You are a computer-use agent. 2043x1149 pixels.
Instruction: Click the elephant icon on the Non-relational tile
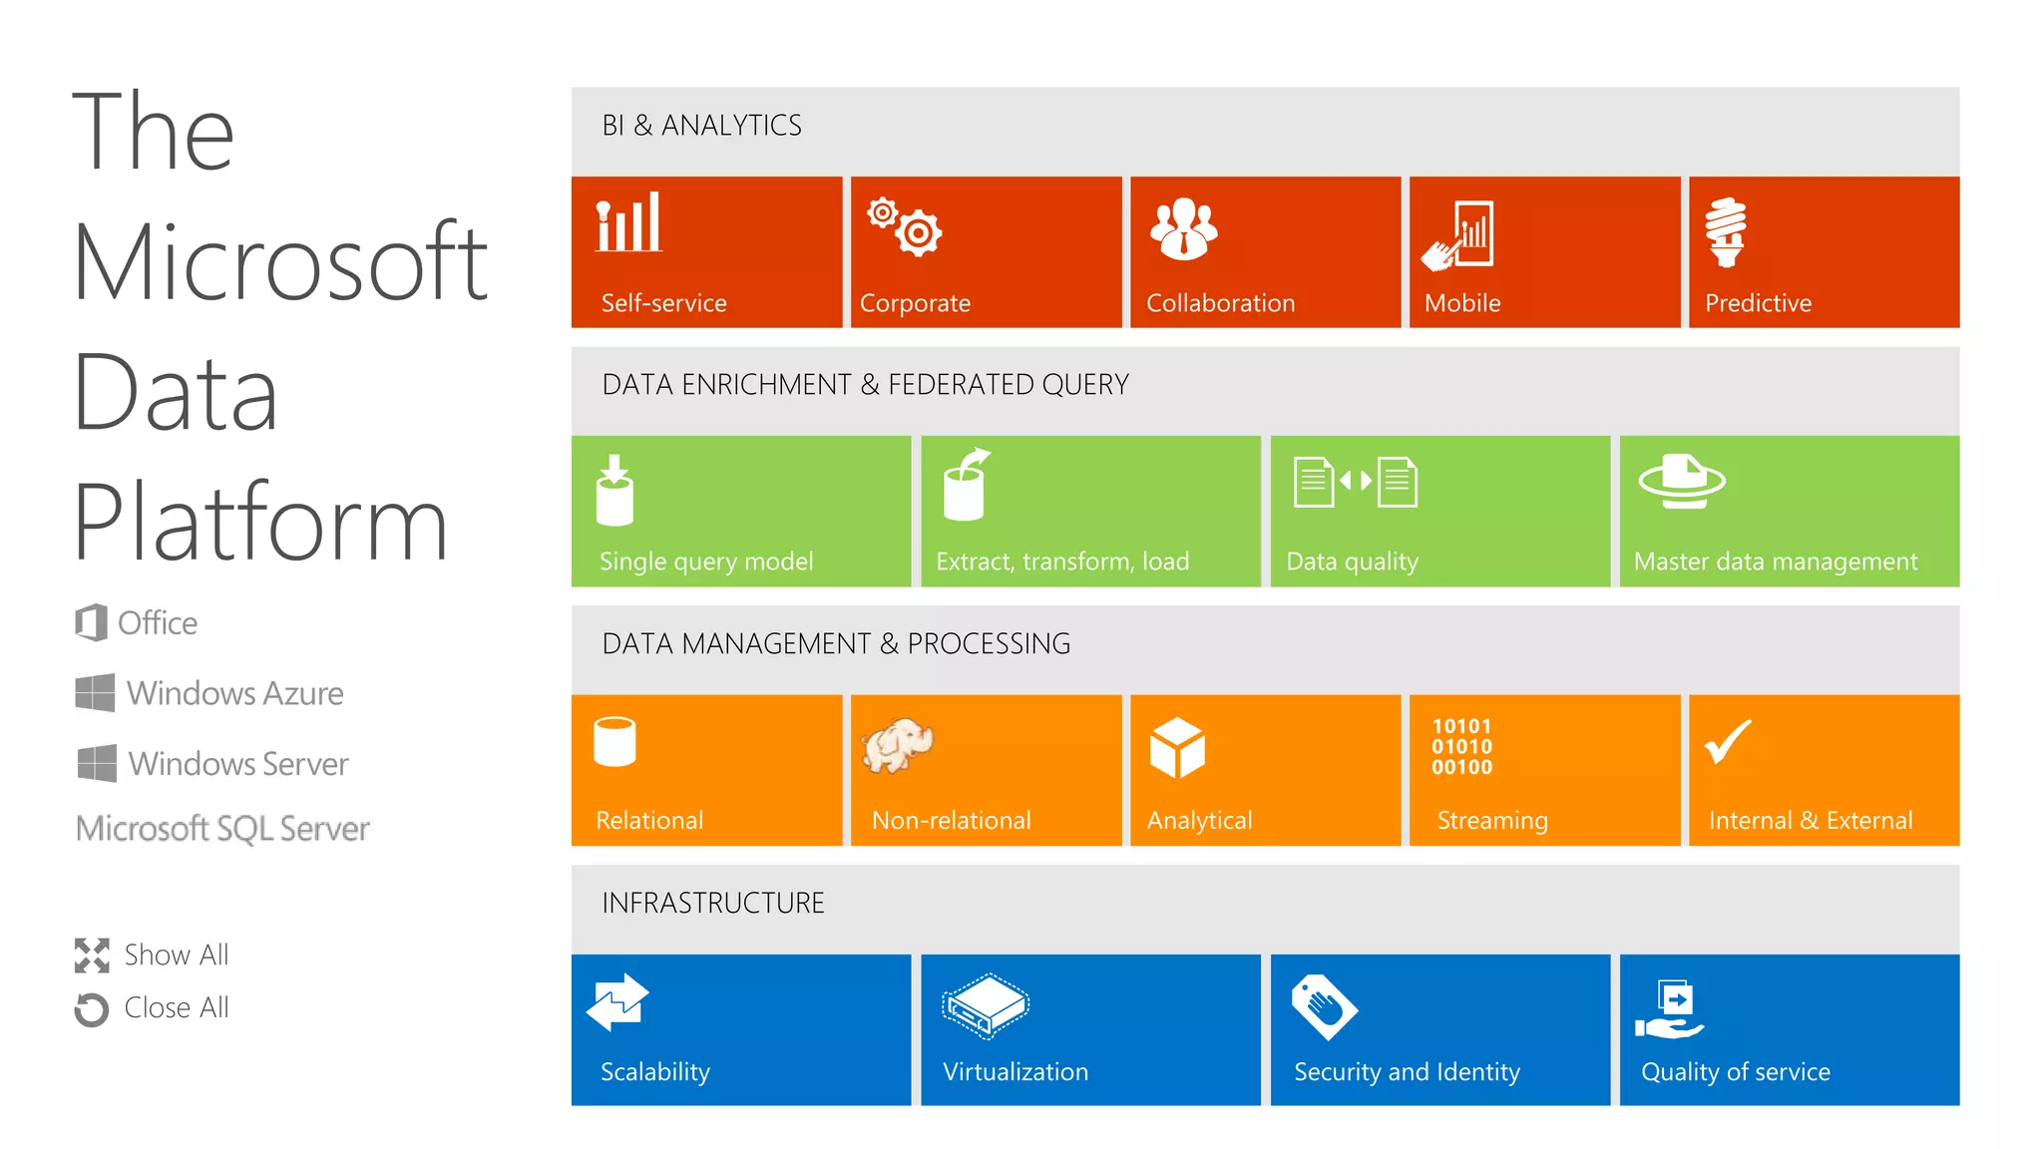(x=898, y=744)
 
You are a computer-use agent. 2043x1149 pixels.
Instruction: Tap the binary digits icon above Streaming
(x=1461, y=746)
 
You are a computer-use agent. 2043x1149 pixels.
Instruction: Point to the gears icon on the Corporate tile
(x=905, y=226)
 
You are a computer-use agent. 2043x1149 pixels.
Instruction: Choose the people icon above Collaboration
(x=1183, y=228)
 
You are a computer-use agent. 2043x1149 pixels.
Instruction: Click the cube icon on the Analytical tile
(x=1177, y=747)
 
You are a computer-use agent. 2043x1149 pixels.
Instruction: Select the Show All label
(x=177, y=955)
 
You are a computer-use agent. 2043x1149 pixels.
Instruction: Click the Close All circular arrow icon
(x=92, y=1008)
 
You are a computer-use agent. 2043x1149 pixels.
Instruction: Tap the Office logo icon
(x=91, y=622)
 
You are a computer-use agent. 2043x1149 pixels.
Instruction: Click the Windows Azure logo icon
(x=95, y=692)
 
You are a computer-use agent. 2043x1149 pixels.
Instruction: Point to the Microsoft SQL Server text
(x=222, y=828)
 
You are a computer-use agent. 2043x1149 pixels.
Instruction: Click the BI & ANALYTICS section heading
(x=701, y=125)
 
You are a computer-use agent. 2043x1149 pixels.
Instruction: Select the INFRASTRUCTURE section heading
(x=713, y=903)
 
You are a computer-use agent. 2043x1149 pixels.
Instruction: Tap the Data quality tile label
(x=1352, y=562)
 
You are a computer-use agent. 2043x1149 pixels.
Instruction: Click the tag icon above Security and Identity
(x=1324, y=1005)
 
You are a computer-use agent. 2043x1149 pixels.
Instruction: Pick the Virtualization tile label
(x=1016, y=1071)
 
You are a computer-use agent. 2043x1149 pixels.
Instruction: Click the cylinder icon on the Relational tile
(x=614, y=741)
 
